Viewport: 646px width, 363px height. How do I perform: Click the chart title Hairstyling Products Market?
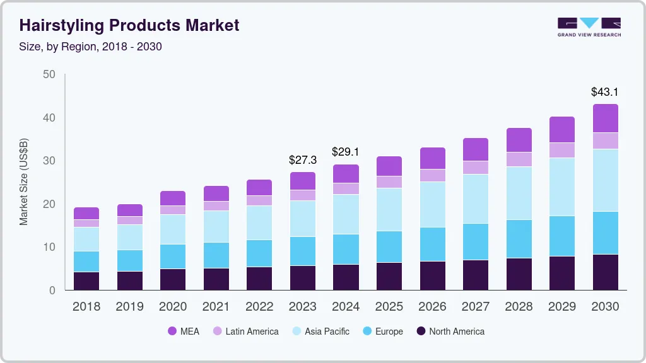tap(129, 25)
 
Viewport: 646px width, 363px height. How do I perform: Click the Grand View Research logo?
tap(589, 26)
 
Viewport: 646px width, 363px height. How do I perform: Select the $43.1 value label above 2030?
tap(604, 92)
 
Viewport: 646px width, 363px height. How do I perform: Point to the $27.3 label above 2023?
tap(302, 160)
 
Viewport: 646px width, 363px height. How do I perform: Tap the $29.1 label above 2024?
tap(346, 152)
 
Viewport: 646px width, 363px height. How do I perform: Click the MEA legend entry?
tap(184, 331)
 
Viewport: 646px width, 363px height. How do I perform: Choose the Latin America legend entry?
tap(245, 331)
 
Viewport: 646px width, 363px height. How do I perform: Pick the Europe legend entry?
tap(382, 331)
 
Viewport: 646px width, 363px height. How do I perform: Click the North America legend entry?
tap(450, 331)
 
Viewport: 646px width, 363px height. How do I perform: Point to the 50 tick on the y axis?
tap(49, 74)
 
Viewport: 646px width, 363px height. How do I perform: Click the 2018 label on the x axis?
tap(86, 306)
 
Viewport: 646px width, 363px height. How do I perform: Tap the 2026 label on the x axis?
tap(432, 306)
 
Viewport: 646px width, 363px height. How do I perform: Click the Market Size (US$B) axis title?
tap(23, 181)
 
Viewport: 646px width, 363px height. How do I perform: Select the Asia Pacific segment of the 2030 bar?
tap(605, 180)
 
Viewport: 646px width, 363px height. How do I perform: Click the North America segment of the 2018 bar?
tap(86, 280)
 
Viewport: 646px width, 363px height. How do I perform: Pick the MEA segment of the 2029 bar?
tap(561, 130)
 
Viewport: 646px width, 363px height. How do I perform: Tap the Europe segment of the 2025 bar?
tap(389, 246)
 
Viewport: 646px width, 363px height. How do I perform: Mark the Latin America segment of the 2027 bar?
tap(475, 167)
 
